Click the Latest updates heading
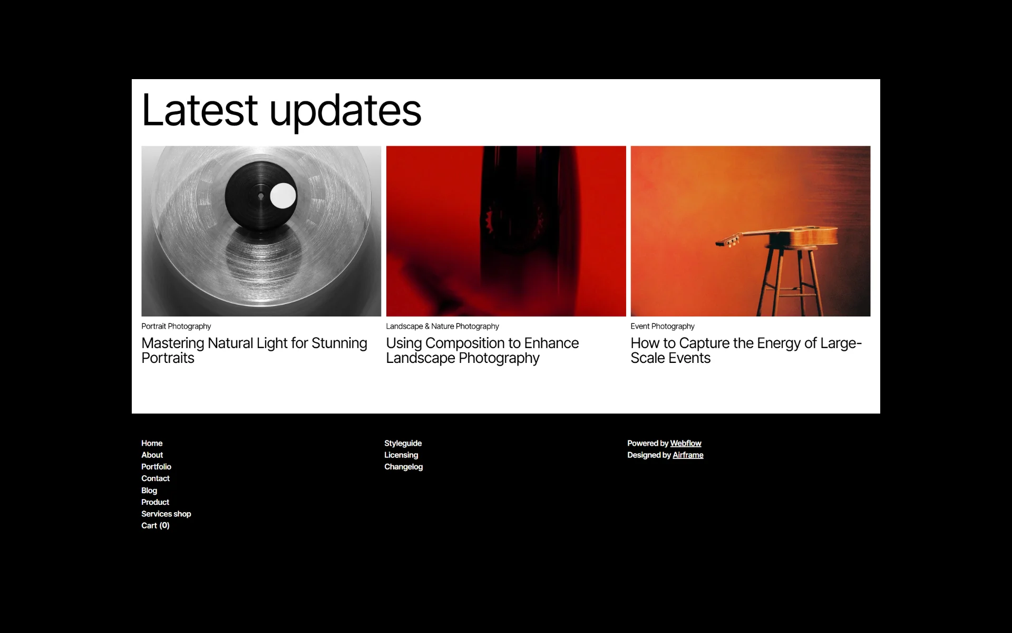click(x=281, y=110)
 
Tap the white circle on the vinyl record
click(x=283, y=196)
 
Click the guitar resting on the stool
click(x=776, y=236)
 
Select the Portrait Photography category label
click(x=176, y=327)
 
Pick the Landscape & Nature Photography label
click(x=442, y=327)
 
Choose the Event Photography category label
click(x=663, y=327)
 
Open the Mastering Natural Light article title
click(x=254, y=350)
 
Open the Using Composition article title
click(x=482, y=350)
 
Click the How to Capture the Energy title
click(x=746, y=350)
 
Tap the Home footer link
click(x=152, y=444)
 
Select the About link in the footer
click(x=152, y=455)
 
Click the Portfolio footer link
click(x=156, y=467)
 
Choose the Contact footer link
click(x=155, y=478)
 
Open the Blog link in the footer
click(x=149, y=491)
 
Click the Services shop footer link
click(x=166, y=514)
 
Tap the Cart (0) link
click(x=155, y=525)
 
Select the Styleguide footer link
click(x=403, y=444)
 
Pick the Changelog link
click(x=403, y=467)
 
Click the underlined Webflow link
click(x=686, y=444)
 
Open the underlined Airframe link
click(x=688, y=455)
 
